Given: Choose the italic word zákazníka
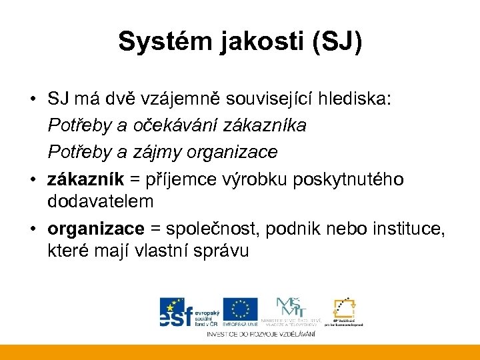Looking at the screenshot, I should [x=265, y=125].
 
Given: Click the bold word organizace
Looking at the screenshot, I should [x=95, y=229].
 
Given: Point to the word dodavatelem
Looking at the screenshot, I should [x=101, y=201].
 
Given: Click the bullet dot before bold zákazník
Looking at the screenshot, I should [x=33, y=179].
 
